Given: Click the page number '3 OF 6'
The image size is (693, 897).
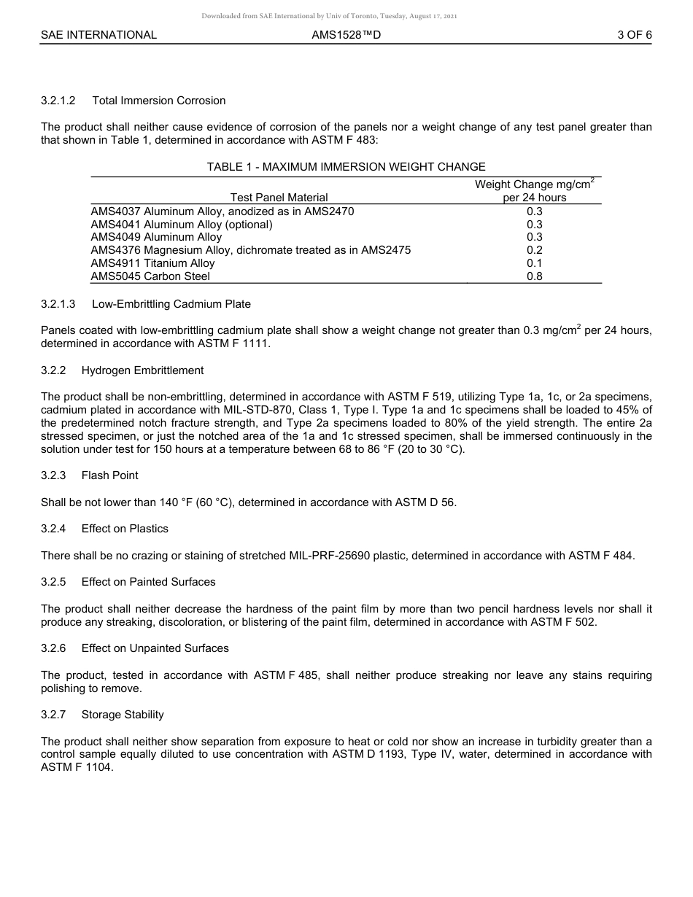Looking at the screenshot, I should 634,34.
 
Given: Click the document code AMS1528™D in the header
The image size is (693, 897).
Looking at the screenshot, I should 346,34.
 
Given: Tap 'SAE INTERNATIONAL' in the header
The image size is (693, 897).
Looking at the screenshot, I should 98,34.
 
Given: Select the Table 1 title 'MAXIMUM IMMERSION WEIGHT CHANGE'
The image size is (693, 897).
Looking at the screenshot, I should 373,167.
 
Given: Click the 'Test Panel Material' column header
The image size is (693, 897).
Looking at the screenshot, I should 279,198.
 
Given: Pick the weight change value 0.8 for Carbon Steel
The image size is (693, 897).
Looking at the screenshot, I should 534,276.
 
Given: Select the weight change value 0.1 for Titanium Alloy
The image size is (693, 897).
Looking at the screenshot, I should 534,263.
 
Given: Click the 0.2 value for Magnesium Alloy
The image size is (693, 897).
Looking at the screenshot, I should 534,250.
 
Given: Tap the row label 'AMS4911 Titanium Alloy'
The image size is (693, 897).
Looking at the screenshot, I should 152,263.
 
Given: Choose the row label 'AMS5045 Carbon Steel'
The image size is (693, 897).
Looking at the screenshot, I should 150,276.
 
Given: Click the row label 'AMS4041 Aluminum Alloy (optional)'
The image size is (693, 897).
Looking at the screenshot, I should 181,225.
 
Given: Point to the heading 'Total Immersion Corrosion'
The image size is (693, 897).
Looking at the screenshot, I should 158,101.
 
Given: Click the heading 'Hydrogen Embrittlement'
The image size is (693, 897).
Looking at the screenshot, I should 142,370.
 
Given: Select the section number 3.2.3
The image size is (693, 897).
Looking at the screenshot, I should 53,475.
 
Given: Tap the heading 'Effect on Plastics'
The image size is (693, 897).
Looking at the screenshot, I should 125,529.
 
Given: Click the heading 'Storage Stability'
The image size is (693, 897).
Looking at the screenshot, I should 123,715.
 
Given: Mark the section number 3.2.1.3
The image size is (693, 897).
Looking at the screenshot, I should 58,304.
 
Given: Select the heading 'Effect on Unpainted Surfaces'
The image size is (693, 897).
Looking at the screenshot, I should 155,648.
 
